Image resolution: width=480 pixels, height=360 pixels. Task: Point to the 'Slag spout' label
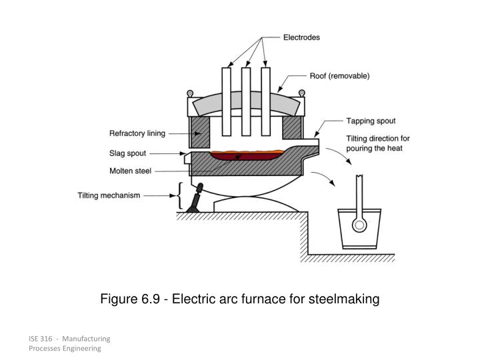pyautogui.click(x=127, y=153)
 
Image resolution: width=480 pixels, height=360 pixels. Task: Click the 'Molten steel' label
pyautogui.click(x=131, y=171)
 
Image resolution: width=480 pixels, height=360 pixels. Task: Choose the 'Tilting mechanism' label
pyautogui.click(x=109, y=196)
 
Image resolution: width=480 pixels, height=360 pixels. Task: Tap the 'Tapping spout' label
pyautogui.click(x=371, y=121)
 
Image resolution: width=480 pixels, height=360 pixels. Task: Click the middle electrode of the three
pyautogui.click(x=246, y=107)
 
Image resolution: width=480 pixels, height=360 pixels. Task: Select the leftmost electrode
pyautogui.click(x=227, y=107)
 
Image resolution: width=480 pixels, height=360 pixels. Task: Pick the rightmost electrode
pyautogui.click(x=265, y=107)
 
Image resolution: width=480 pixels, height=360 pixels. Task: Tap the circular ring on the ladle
pyautogui.click(x=359, y=225)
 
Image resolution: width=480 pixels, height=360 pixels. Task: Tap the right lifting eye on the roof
pyautogui.click(x=302, y=92)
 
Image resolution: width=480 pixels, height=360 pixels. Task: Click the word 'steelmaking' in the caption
pyautogui.click(x=344, y=299)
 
